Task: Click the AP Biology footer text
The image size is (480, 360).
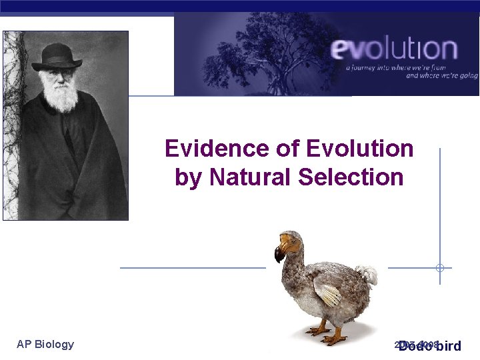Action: click(45, 344)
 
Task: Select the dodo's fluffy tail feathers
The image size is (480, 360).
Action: click(365, 274)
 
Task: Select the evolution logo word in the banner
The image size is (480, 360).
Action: click(395, 49)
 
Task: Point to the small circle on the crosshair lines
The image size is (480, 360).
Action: click(440, 268)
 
